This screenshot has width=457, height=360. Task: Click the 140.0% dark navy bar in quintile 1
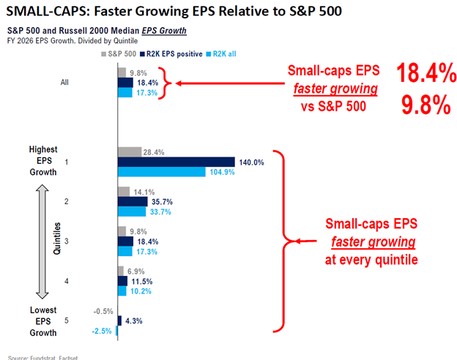[x=177, y=162]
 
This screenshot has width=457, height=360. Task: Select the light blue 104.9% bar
[x=162, y=172]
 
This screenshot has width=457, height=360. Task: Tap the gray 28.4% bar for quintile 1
[x=130, y=151]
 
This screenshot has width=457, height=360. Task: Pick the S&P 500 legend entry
[x=119, y=54]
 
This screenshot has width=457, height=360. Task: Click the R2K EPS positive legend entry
[x=171, y=54]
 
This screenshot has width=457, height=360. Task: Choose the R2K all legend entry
[x=221, y=54]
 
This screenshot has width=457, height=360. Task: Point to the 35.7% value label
[x=162, y=202]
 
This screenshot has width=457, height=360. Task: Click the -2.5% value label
[x=102, y=331]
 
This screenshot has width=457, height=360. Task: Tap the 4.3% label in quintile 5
[x=134, y=321]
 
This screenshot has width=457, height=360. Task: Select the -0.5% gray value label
[x=103, y=312]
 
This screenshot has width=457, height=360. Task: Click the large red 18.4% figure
[x=426, y=73]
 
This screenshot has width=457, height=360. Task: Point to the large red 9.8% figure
[x=426, y=105]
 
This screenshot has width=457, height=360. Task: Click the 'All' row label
[x=64, y=83]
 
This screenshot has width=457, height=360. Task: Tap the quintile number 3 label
[x=67, y=241]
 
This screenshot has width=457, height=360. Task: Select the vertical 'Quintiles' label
[x=57, y=239]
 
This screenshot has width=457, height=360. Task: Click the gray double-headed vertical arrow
[x=42, y=241]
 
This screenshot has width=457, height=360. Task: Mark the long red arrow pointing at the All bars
[x=230, y=83]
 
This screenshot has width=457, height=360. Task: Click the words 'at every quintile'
[x=371, y=260]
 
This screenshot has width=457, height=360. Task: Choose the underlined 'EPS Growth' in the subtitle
[x=164, y=31]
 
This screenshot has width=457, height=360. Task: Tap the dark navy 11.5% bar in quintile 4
[x=123, y=281]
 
